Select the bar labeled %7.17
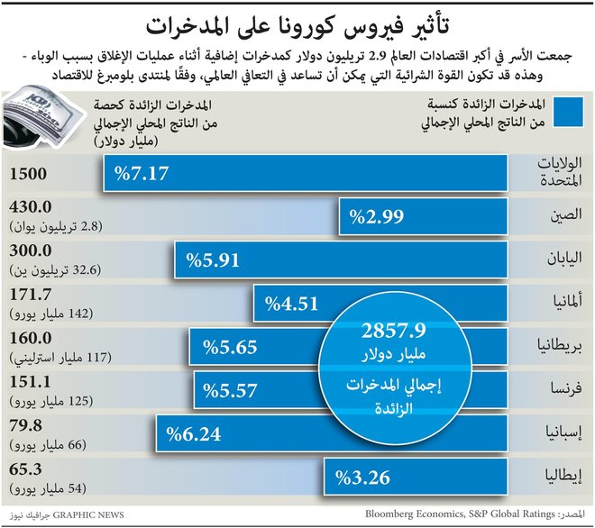pyautogui.click(x=307, y=173)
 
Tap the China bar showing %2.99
pyautogui.click(x=424, y=216)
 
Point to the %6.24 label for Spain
pyautogui.click(x=194, y=433)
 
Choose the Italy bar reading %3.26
pyautogui.click(x=415, y=477)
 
